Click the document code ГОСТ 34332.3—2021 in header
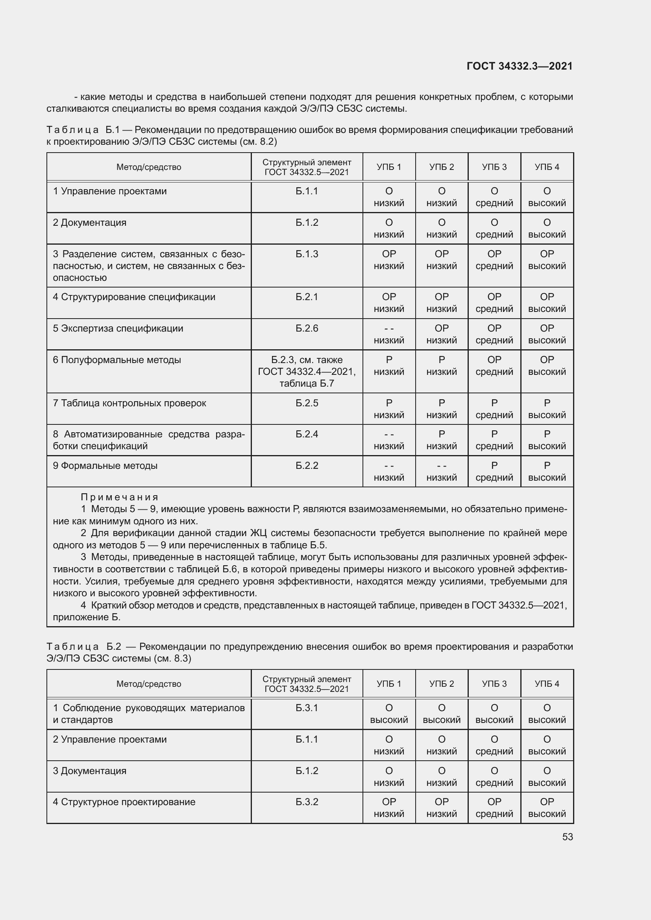520,66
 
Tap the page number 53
567,837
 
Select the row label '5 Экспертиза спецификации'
118,328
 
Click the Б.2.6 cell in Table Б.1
307,328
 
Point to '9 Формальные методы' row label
105,466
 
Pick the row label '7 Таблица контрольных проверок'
129,403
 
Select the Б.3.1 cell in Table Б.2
307,708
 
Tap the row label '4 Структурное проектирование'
124,802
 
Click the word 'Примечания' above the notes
120,497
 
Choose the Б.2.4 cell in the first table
307,434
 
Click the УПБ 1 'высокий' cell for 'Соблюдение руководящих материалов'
389,714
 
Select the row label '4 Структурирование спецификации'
134,297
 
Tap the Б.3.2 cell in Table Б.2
307,802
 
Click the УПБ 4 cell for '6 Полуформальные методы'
547,366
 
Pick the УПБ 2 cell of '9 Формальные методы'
441,472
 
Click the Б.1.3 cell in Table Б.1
307,254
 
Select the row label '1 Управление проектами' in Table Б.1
109,191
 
